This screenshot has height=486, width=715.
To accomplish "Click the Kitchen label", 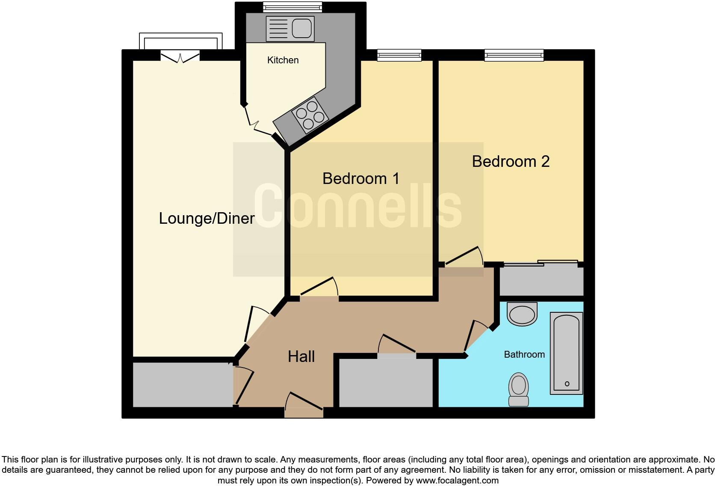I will tap(283, 60).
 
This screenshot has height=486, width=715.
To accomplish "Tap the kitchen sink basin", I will tap(301, 29).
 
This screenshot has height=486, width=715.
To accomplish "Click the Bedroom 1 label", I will tap(360, 178).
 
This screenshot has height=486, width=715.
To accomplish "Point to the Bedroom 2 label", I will tap(510, 162).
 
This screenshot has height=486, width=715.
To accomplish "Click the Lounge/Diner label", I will tap(207, 219).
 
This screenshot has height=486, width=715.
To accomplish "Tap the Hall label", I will tap(301, 357).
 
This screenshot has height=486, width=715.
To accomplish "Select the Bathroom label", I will tap(524, 355).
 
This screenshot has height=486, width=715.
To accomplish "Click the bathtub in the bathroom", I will tap(566, 353).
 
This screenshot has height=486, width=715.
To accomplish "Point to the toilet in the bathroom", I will tap(518, 388).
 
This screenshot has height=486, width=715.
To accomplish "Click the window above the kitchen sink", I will tap(292, 7).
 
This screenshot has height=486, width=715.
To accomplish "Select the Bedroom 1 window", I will tap(399, 55).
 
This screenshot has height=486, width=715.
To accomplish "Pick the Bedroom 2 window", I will tap(514, 55).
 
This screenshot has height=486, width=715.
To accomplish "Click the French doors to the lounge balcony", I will tap(180, 56).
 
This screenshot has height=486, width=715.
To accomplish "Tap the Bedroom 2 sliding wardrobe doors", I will tap(541, 264).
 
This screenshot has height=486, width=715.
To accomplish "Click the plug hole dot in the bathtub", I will tap(567, 384).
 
